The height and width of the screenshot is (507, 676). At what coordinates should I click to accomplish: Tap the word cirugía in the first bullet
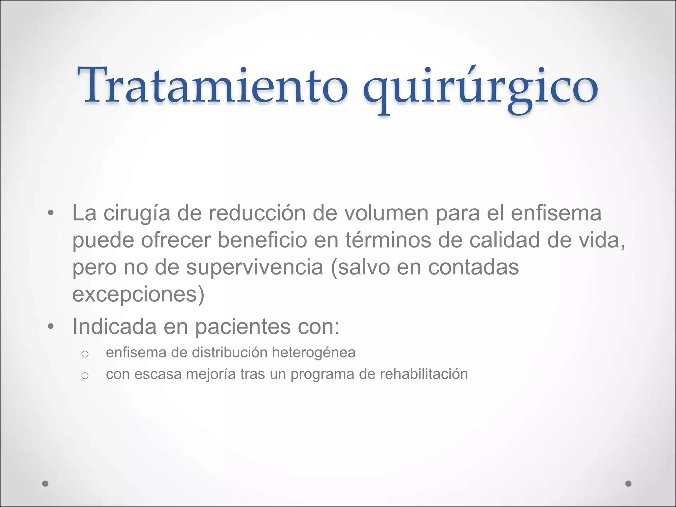point(137,213)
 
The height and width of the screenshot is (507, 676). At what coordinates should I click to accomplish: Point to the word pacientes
point(243,327)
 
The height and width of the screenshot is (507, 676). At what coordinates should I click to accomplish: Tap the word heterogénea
point(314,353)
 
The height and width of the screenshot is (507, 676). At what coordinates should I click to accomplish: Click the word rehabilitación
point(424,374)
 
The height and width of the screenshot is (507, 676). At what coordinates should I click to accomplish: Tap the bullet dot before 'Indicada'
point(51,326)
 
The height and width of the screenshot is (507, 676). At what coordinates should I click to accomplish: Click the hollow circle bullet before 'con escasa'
point(85,376)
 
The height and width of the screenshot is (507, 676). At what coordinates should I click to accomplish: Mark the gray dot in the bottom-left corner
point(46,484)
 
